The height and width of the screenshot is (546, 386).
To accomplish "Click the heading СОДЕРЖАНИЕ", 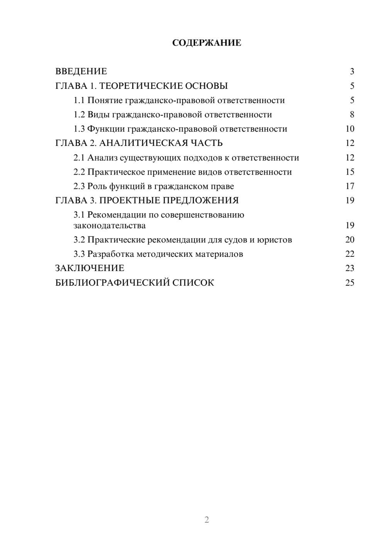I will pos(207,43).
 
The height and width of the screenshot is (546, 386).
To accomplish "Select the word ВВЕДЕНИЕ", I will pos(81,71).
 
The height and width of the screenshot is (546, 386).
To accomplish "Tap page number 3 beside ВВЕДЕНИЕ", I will pos(352,71).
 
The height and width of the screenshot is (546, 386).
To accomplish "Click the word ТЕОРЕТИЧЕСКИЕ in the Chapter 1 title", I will pos(139,86).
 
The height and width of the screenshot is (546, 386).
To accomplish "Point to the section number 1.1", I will pos(79,100).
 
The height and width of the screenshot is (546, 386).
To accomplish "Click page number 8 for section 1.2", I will pos(352,115).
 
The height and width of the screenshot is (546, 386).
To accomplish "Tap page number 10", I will pos(350,129).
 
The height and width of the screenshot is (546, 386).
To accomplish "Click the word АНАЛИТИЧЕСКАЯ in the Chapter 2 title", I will pos(143,143).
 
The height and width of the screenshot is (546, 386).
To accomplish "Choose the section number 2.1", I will pos(79,158).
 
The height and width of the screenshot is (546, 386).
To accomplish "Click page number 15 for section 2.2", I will pos(350,172).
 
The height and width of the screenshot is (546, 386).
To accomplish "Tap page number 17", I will pos(350,186).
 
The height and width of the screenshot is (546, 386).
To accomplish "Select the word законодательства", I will pos(110,226).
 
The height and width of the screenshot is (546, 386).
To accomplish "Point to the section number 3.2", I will pos(79,240).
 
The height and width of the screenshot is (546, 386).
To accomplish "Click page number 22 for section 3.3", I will pos(350,254).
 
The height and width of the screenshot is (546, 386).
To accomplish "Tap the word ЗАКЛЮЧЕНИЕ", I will pos(90,268).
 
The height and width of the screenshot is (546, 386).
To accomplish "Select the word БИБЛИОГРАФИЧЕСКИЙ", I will pos(112,283).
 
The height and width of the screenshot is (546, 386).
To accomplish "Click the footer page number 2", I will pos(207,520).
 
